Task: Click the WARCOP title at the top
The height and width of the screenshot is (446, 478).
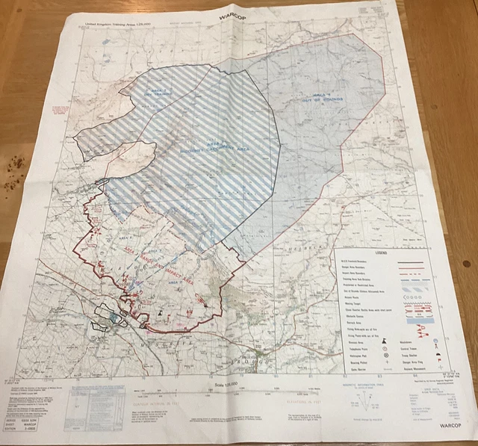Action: (x=235, y=13)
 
